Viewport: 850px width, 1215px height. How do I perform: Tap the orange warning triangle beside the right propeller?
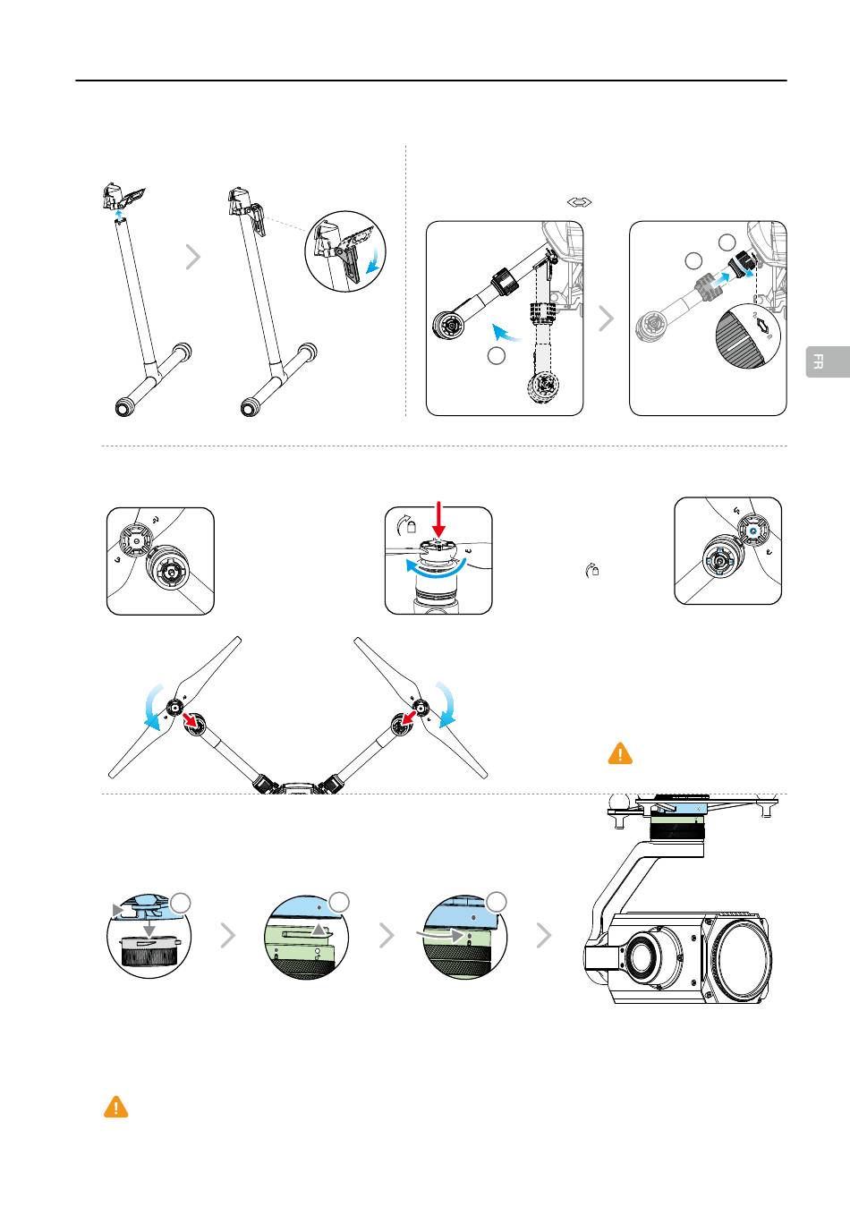pos(620,753)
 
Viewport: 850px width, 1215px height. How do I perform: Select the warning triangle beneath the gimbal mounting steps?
pos(116,1108)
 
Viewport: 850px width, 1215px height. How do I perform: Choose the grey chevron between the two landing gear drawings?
pos(192,258)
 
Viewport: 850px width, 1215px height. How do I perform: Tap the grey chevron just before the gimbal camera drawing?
pos(543,936)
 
